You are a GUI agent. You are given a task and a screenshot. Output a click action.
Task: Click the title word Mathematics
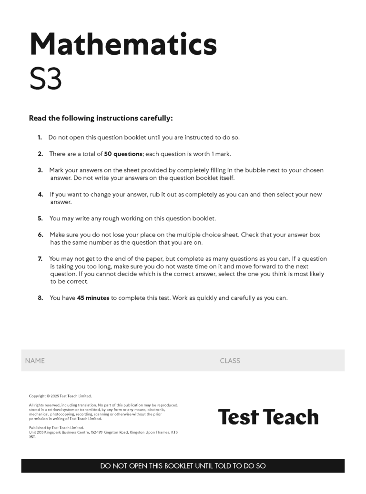[x=123, y=44]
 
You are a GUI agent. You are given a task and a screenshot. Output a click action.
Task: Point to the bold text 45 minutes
[x=93, y=298]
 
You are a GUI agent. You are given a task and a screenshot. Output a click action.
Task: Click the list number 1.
[x=40, y=138]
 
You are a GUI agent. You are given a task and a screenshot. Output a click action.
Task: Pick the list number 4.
[x=40, y=194]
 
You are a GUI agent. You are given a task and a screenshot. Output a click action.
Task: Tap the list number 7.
[x=40, y=259]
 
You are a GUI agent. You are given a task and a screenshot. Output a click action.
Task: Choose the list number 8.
[x=40, y=298]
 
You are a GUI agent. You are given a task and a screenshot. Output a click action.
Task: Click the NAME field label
[x=35, y=361]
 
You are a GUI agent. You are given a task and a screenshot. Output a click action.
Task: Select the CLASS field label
[x=230, y=361]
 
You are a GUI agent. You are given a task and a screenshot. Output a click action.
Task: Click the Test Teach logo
[x=268, y=417]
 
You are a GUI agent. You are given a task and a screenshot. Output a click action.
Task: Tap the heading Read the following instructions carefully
[x=101, y=118]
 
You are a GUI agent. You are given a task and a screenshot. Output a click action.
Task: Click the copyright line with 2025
[x=60, y=396]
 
